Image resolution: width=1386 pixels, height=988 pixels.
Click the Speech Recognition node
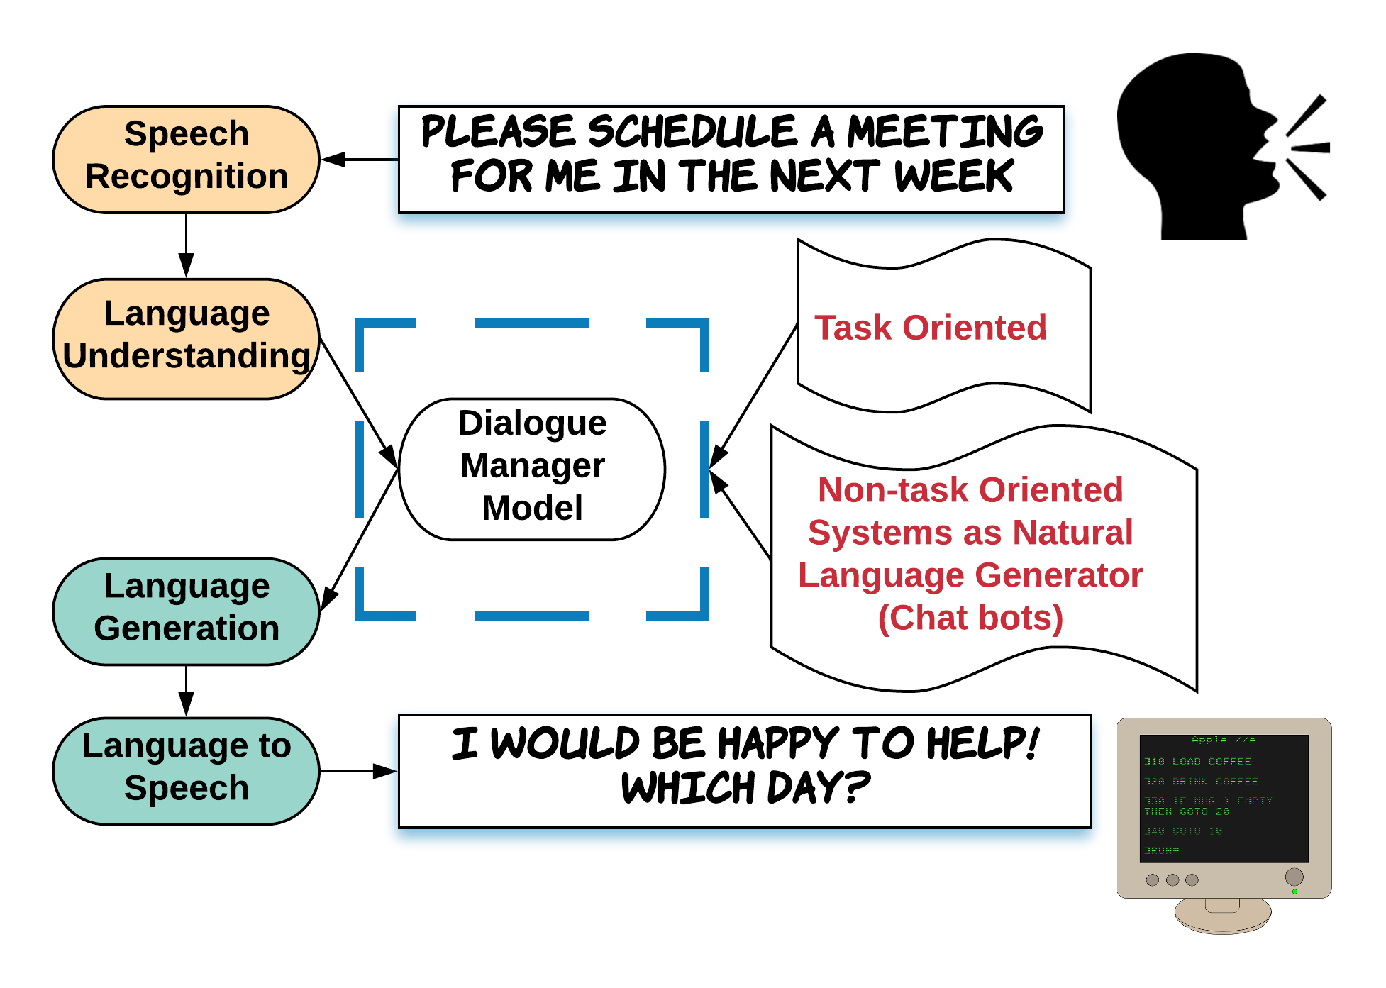click(186, 157)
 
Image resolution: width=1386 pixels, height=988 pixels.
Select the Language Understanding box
click(186, 337)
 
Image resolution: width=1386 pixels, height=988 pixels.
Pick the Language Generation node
click(186, 609)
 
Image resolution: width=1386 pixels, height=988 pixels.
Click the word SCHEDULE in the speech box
click(692, 132)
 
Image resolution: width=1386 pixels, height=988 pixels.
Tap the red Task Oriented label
click(930, 328)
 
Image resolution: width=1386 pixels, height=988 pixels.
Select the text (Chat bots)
click(970, 618)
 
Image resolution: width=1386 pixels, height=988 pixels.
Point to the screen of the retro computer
click(1224, 798)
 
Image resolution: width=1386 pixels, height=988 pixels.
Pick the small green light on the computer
click(1294, 892)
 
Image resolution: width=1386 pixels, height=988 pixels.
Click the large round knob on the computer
click(1294, 877)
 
